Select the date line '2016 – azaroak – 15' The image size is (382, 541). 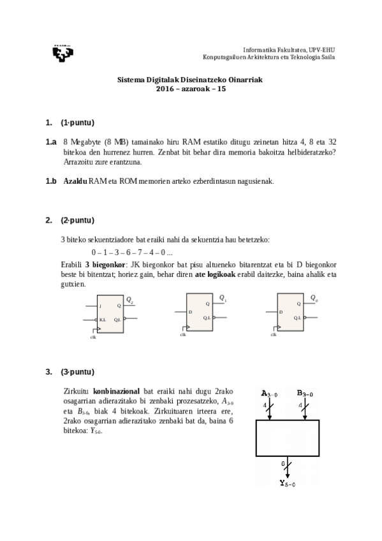point(191,89)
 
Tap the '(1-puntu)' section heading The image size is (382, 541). point(78,122)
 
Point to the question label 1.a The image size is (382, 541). point(51,142)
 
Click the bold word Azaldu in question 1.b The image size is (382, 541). point(75,182)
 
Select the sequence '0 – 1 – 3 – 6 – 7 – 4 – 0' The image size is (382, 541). point(131,252)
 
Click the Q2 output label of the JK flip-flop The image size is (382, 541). point(129,299)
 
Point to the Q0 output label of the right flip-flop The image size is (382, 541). point(314,298)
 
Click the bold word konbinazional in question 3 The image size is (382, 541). point(117,390)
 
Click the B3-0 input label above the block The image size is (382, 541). point(304,393)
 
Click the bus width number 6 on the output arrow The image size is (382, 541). point(283,463)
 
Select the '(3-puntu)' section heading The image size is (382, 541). point(78,372)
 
